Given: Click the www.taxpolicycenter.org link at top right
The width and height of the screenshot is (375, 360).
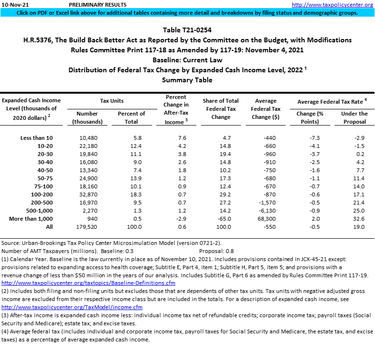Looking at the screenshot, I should pos(332,4).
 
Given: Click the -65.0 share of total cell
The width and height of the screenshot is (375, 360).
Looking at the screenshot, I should pos(221,219).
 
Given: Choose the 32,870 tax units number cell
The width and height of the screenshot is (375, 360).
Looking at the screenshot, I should pos(87,195).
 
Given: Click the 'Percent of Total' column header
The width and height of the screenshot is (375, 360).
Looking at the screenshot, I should pos(131,117).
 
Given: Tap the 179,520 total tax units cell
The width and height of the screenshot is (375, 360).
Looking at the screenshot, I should pos(87,227).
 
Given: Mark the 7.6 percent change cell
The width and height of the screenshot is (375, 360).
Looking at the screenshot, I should pos(174,138).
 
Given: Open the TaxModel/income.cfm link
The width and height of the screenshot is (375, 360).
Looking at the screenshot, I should pos(55,307).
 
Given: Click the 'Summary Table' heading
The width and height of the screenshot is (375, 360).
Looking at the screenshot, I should pos(187,80).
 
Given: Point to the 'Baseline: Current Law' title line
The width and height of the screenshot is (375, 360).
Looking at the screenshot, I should pos(187,60).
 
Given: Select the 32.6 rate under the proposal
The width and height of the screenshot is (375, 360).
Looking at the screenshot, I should pos(354,219).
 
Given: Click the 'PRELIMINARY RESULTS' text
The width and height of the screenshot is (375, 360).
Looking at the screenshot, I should pos(91,4).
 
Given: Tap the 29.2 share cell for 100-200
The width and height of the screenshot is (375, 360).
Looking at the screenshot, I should pos(221,195).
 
